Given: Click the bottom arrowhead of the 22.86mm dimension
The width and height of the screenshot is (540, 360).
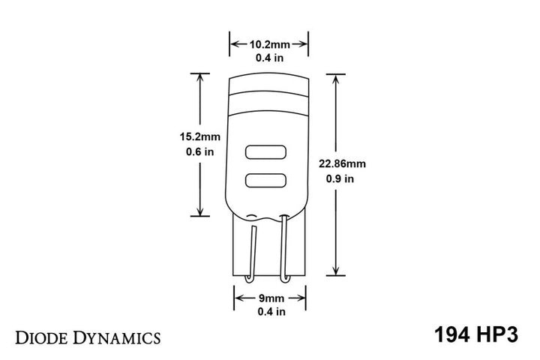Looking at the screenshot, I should click(335, 273).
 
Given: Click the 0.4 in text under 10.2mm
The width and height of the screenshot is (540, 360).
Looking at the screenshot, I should click(269, 57).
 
